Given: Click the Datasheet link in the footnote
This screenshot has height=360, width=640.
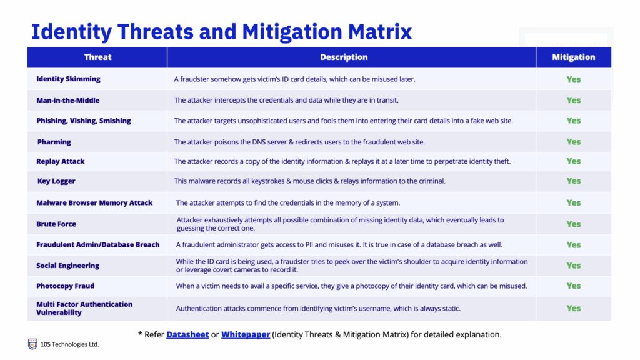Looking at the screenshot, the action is click(x=187, y=335).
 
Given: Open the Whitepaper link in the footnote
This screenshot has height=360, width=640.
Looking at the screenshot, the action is click(x=245, y=335).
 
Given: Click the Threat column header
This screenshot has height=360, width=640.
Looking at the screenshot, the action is click(x=97, y=57).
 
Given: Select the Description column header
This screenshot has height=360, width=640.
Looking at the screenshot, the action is click(x=344, y=57).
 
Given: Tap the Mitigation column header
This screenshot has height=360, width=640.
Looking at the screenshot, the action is click(x=574, y=57).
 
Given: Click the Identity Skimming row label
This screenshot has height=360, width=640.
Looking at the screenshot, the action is click(x=68, y=79).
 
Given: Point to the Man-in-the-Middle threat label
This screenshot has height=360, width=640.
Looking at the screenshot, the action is click(x=67, y=100).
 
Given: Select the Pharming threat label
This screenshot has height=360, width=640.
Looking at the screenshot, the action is click(x=54, y=142).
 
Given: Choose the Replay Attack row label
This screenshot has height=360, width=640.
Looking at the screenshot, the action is click(x=61, y=161).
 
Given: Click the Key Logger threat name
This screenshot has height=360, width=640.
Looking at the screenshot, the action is click(x=56, y=181).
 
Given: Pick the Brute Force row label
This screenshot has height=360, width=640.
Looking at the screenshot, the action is click(x=56, y=224).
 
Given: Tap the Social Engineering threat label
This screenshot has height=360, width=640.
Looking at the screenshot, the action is click(x=67, y=266).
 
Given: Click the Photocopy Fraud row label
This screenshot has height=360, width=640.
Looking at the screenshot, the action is click(x=65, y=286).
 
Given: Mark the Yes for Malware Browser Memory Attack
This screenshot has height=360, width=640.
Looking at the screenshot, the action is click(x=574, y=203).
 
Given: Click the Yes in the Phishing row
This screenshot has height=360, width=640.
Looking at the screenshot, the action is click(x=574, y=121).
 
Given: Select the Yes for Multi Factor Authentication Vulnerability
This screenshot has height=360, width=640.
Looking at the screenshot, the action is click(x=574, y=309).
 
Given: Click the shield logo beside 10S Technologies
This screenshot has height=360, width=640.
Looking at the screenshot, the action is click(x=32, y=344).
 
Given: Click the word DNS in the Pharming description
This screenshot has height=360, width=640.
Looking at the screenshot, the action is click(x=259, y=142).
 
